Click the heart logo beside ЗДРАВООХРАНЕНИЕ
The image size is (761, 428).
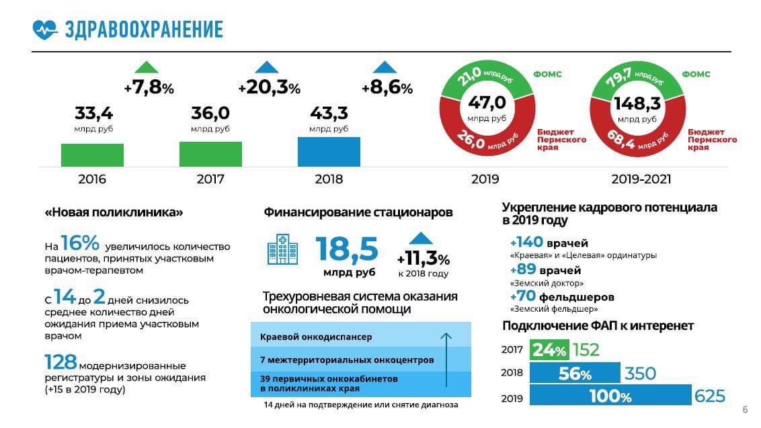click(46, 30)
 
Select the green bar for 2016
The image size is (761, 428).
click(92, 155)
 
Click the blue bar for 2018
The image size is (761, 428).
click(329, 152)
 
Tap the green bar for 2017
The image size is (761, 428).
click(210, 154)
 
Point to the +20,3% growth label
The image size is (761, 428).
click(269, 88)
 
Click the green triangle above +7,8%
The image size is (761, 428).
click(146, 67)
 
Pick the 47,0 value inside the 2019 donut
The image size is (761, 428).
click(487, 103)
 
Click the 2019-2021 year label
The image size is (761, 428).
click(641, 179)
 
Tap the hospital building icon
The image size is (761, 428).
click(282, 249)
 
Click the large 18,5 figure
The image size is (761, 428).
click(347, 249)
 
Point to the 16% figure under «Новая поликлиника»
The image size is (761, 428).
click(80, 243)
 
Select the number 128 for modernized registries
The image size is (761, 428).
click(61, 363)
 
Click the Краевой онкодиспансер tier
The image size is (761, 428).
click(316, 337)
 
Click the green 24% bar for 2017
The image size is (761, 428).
click(549, 350)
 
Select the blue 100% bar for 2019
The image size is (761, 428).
click(610, 396)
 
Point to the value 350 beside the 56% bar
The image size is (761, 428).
click(640, 374)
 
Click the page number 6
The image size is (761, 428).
click(745, 410)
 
